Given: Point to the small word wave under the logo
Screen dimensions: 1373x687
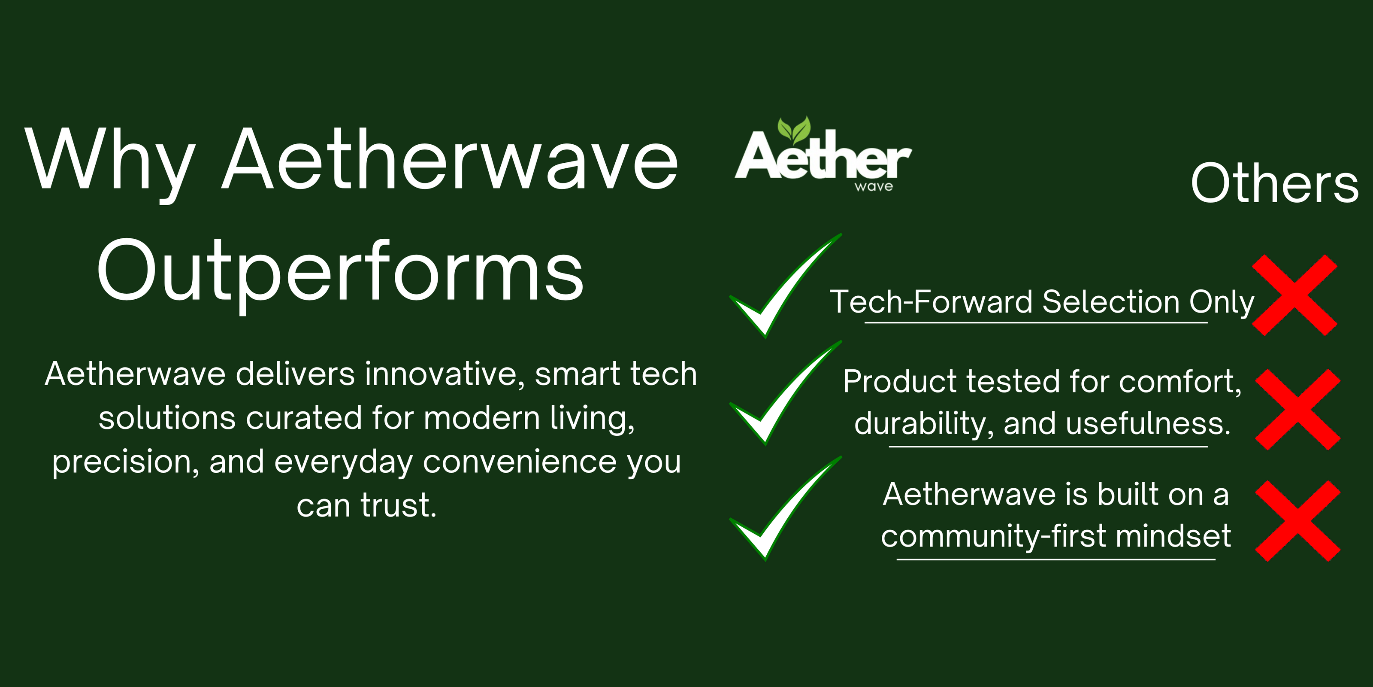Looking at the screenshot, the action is click(x=874, y=187).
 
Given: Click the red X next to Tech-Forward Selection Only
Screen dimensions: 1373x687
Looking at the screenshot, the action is click(x=1294, y=295).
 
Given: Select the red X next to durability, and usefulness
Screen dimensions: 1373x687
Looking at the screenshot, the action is click(x=1298, y=410).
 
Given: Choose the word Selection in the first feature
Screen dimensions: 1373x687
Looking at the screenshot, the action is click(x=1111, y=302).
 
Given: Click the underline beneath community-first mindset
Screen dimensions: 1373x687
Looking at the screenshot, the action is click(x=1056, y=559).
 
